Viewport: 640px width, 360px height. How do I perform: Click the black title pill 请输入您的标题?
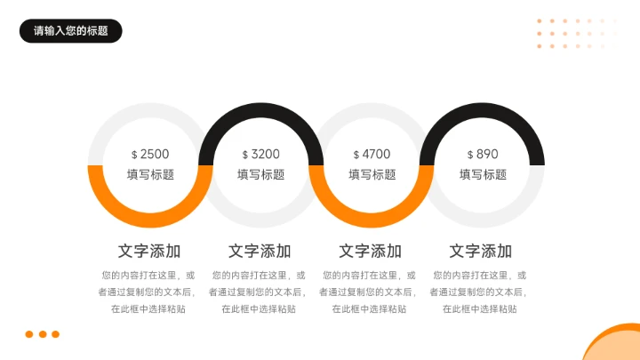(70, 31)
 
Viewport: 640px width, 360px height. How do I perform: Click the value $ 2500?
(149, 154)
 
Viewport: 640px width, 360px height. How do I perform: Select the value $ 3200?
(260, 154)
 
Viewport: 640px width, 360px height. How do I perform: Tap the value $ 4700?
(372, 154)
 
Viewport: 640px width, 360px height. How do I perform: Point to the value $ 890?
(483, 154)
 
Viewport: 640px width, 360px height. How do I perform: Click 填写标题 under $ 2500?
(149, 175)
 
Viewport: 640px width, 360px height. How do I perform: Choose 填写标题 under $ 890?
(483, 175)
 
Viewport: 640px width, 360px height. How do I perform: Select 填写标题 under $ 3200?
(260, 175)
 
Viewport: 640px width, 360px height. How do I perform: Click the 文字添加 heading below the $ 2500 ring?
(149, 251)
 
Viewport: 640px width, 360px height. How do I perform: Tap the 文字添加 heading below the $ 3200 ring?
(260, 251)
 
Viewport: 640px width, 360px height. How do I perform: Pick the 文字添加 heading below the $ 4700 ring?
(371, 251)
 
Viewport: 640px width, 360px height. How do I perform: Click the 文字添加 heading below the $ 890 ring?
(481, 251)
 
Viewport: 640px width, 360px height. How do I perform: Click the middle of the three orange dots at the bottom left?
(42, 334)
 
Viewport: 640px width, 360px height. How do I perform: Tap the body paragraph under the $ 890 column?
(481, 292)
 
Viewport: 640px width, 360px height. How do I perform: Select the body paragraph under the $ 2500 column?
(149, 292)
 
